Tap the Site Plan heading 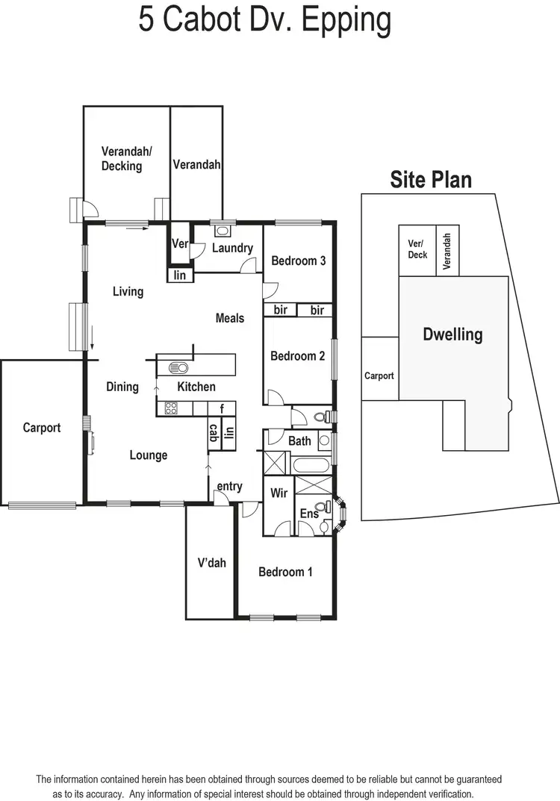[431, 179]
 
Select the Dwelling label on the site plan [452, 334]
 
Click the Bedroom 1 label [285, 572]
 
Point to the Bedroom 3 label [298, 261]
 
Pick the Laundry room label [232, 248]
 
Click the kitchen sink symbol [179, 367]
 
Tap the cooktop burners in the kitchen [171, 408]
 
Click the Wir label [279, 493]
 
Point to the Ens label [308, 514]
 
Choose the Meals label [230, 318]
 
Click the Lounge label [149, 455]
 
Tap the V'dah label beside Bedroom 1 [211, 563]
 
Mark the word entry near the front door [229, 487]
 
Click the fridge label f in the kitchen [222, 408]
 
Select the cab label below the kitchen [213, 433]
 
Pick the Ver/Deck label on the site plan [417, 249]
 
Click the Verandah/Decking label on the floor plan [126, 158]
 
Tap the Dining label [122, 387]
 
